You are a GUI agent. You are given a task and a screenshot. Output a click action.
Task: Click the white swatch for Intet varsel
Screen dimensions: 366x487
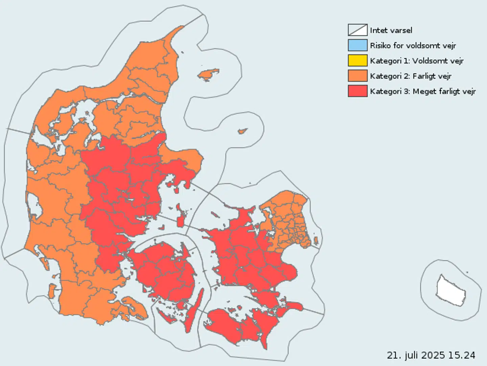pos(357,30)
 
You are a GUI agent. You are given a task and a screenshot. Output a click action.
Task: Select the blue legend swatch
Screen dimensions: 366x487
pos(357,45)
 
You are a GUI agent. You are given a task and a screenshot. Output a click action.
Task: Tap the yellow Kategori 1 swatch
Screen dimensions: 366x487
pos(357,61)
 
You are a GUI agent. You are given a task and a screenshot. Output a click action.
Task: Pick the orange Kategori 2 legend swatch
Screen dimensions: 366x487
pos(357,76)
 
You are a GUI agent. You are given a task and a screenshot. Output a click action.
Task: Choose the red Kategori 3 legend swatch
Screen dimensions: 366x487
pos(357,91)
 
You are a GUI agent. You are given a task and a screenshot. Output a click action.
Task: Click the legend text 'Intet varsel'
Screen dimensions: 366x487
pos(391,30)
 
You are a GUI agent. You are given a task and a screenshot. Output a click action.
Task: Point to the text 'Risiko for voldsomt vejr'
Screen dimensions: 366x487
pos(413,46)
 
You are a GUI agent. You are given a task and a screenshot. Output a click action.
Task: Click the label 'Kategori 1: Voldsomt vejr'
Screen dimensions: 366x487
pos(417,61)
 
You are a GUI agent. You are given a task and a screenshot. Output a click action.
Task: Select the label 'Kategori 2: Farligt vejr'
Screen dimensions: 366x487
pos(411,76)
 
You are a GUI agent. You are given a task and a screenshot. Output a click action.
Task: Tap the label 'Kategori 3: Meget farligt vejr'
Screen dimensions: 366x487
pos(423,91)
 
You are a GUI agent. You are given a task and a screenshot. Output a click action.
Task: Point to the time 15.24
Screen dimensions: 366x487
pos(462,355)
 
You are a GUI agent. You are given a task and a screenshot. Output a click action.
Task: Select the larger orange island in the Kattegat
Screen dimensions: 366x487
pos(208,74)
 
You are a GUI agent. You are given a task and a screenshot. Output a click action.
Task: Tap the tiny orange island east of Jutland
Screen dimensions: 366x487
pos(242,131)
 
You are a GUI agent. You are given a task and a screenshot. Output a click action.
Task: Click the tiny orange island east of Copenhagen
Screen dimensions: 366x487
pos(316,241)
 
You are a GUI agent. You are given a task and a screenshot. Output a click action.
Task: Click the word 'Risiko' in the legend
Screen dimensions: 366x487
pos(380,46)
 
